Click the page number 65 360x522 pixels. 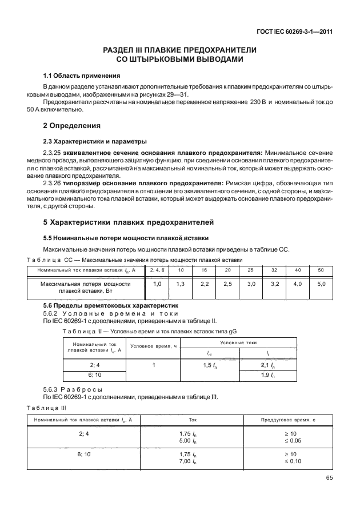[x=328, y=479]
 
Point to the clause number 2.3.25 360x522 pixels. [x=53, y=153]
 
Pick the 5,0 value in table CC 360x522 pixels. [x=321, y=284]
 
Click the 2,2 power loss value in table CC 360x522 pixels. [x=204, y=284]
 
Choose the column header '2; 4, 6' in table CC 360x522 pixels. [x=157, y=269]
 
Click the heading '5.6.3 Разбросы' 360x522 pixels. [x=73, y=389]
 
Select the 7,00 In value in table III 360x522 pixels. [x=188, y=461]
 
